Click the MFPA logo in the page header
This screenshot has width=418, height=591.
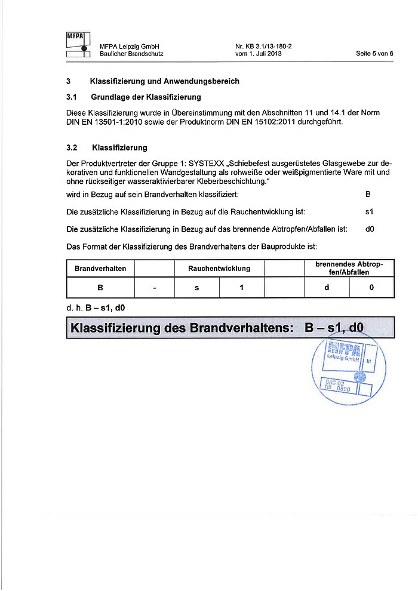[78, 45]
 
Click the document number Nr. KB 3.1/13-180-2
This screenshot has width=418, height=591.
[268, 46]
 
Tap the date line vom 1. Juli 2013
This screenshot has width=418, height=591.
[259, 54]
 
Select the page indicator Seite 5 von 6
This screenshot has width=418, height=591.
[374, 54]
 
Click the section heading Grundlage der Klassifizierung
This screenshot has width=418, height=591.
[146, 97]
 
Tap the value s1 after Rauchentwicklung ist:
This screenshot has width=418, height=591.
[369, 212]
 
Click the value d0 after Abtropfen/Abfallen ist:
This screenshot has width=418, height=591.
[369, 229]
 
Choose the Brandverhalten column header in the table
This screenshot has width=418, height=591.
[100, 269]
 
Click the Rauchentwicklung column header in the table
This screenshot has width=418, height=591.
[219, 269]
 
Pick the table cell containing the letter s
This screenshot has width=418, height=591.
[196, 288]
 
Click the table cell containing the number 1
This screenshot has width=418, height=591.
[242, 288]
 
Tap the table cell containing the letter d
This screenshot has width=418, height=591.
[327, 288]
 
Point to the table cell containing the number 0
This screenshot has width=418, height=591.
[371, 288]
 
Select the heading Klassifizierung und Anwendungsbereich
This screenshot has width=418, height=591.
[164, 81]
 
